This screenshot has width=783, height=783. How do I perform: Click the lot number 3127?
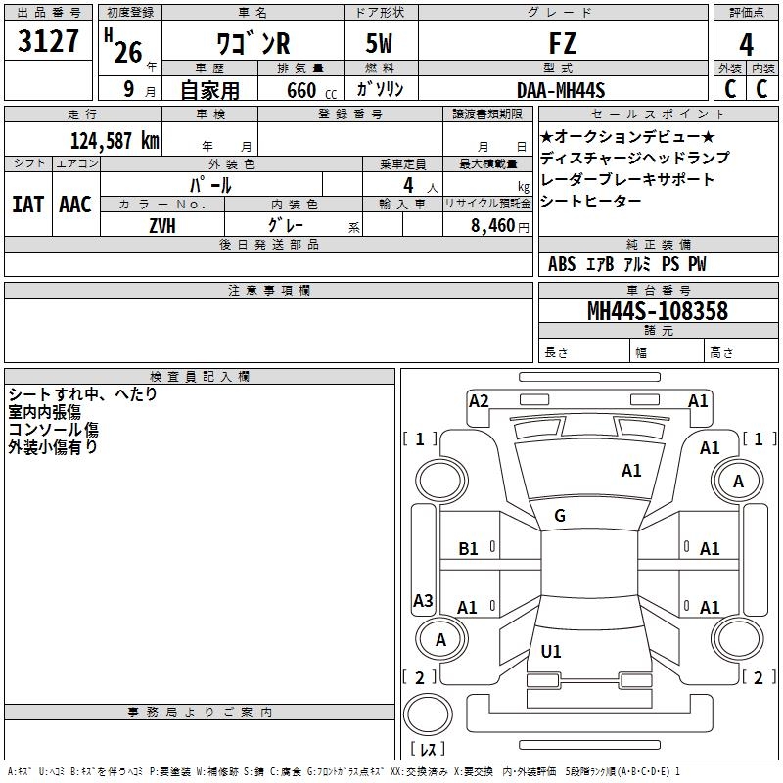pyautogui.click(x=49, y=43)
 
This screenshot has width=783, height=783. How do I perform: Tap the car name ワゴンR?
pyautogui.click(x=252, y=43)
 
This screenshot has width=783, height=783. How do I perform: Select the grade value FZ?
pyautogui.click(x=563, y=43)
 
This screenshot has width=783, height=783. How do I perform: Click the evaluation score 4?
pyautogui.click(x=746, y=44)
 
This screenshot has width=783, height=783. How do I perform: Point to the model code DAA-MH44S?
pyautogui.click(x=562, y=89)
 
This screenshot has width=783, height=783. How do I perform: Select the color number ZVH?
pyautogui.click(x=162, y=224)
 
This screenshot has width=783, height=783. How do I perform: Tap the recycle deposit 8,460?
pyautogui.click(x=488, y=225)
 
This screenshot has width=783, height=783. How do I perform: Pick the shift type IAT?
pyautogui.click(x=27, y=205)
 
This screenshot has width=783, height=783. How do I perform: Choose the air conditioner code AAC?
pyautogui.click(x=75, y=205)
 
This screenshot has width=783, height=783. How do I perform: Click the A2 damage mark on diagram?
pyautogui.click(x=479, y=400)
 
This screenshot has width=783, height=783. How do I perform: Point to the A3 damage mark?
pyautogui.click(x=423, y=601)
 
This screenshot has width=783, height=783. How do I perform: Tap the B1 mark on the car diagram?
pyautogui.click(x=468, y=549)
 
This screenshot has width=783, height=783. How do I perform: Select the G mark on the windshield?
pyautogui.click(x=560, y=515)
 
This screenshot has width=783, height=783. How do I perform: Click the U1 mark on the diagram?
pyautogui.click(x=551, y=651)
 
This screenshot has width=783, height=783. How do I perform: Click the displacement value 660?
pyautogui.click(x=301, y=90)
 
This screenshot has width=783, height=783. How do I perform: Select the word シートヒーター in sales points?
pyautogui.click(x=591, y=201)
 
